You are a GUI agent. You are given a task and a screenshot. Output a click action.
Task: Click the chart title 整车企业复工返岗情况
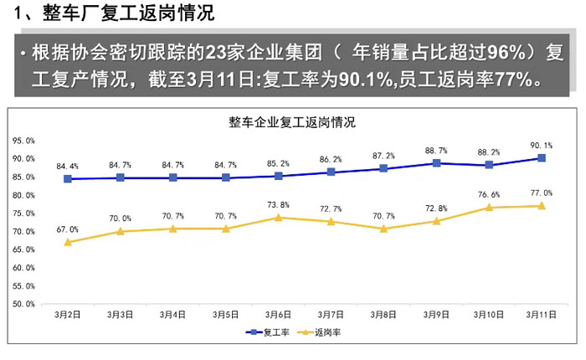click(x=292, y=121)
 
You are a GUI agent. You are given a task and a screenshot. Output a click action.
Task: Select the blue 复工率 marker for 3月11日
click(x=542, y=158)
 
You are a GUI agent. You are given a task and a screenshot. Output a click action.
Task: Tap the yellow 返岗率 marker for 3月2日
click(x=68, y=242)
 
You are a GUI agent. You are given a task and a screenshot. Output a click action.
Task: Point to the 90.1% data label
click(x=542, y=146)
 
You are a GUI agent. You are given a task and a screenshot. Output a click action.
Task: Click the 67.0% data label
click(x=68, y=229)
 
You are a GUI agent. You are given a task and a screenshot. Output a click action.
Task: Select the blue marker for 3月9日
click(x=436, y=163)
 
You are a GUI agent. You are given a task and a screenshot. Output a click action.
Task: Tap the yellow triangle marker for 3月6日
click(x=279, y=218)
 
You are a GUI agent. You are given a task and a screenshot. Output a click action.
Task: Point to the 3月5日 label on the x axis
click(x=226, y=315)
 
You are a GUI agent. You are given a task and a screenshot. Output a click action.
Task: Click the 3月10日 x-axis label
click(x=488, y=315)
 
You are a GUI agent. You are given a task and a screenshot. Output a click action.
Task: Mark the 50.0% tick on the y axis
click(x=23, y=303)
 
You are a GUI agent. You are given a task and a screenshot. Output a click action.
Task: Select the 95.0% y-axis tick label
click(x=23, y=141)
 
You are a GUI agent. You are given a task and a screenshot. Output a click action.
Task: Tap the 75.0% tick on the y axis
click(x=23, y=213)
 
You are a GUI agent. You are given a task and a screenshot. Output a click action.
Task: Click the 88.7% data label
click(x=436, y=151)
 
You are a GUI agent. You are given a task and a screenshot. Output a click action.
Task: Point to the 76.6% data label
click(x=489, y=195)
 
